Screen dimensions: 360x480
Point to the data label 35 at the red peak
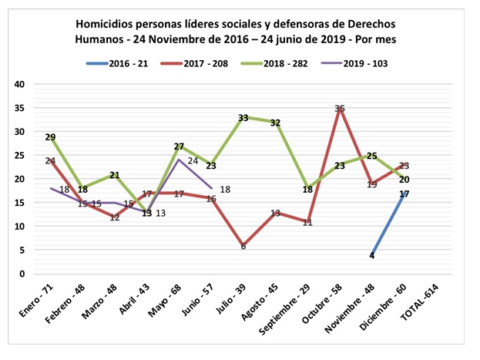[x=340, y=109]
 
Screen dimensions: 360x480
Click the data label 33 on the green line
[x=243, y=118]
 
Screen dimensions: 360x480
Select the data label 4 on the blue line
[x=372, y=255]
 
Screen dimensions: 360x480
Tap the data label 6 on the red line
[x=243, y=247]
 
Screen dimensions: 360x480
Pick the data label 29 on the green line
[x=50, y=137]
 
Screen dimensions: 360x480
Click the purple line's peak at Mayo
[x=178, y=160]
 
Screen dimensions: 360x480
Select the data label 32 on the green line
[x=275, y=123]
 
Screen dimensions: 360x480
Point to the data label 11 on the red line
[x=307, y=222]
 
